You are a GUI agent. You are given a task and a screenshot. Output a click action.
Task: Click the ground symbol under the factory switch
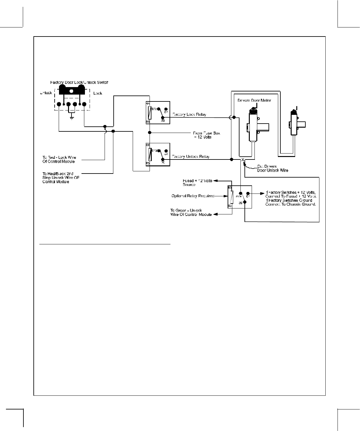click(72, 118)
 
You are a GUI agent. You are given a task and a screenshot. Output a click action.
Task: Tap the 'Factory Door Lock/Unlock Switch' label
click(79, 82)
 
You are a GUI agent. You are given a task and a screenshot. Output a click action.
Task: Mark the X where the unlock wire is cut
click(243, 160)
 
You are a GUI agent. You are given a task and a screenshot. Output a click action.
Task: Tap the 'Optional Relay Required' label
click(193, 196)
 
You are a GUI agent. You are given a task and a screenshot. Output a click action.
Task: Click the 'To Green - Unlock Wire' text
click(191, 212)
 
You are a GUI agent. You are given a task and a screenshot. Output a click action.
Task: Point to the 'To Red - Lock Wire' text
click(59, 159)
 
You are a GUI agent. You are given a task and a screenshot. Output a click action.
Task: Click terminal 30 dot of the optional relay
click(245, 202)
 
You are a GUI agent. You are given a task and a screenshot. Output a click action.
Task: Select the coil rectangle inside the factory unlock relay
click(150, 154)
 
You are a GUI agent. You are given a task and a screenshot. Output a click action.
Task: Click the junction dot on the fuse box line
click(150, 133)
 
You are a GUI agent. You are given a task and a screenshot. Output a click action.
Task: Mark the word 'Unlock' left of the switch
click(46, 93)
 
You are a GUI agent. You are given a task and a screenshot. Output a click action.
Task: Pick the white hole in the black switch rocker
click(72, 91)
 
